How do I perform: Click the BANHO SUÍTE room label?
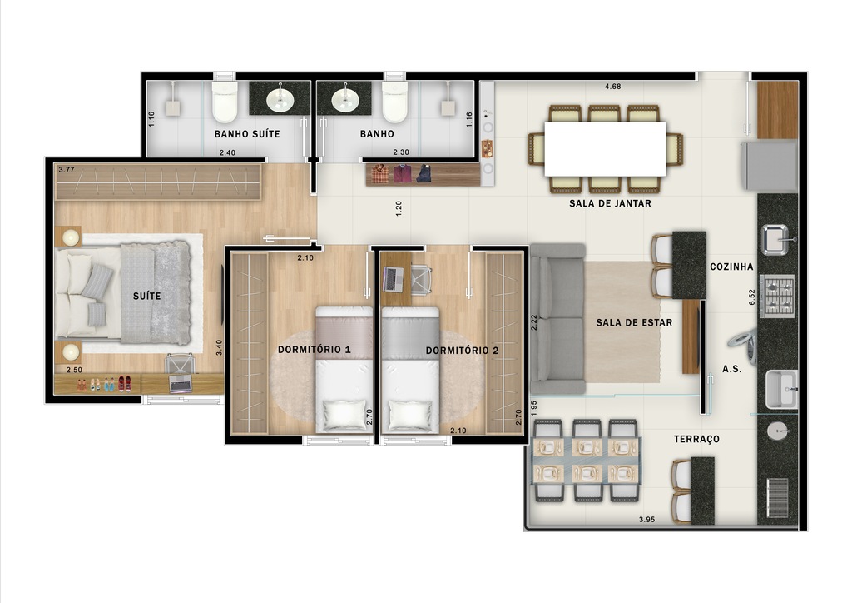click(x=247, y=133)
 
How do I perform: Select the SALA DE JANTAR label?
click(x=610, y=203)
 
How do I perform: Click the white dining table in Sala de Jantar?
click(x=605, y=149)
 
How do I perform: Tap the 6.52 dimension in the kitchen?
click(x=751, y=296)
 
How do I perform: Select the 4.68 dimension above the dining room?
click(x=612, y=87)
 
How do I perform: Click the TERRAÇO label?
click(x=697, y=439)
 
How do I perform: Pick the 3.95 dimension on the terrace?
click(x=647, y=520)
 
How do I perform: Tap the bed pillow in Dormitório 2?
click(x=409, y=414)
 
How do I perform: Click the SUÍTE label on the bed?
click(x=146, y=296)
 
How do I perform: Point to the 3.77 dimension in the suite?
click(x=66, y=170)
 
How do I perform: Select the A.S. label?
click(x=731, y=368)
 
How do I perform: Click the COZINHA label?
click(x=731, y=267)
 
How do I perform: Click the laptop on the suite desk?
click(x=181, y=383)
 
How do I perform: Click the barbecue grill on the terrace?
click(x=778, y=498)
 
